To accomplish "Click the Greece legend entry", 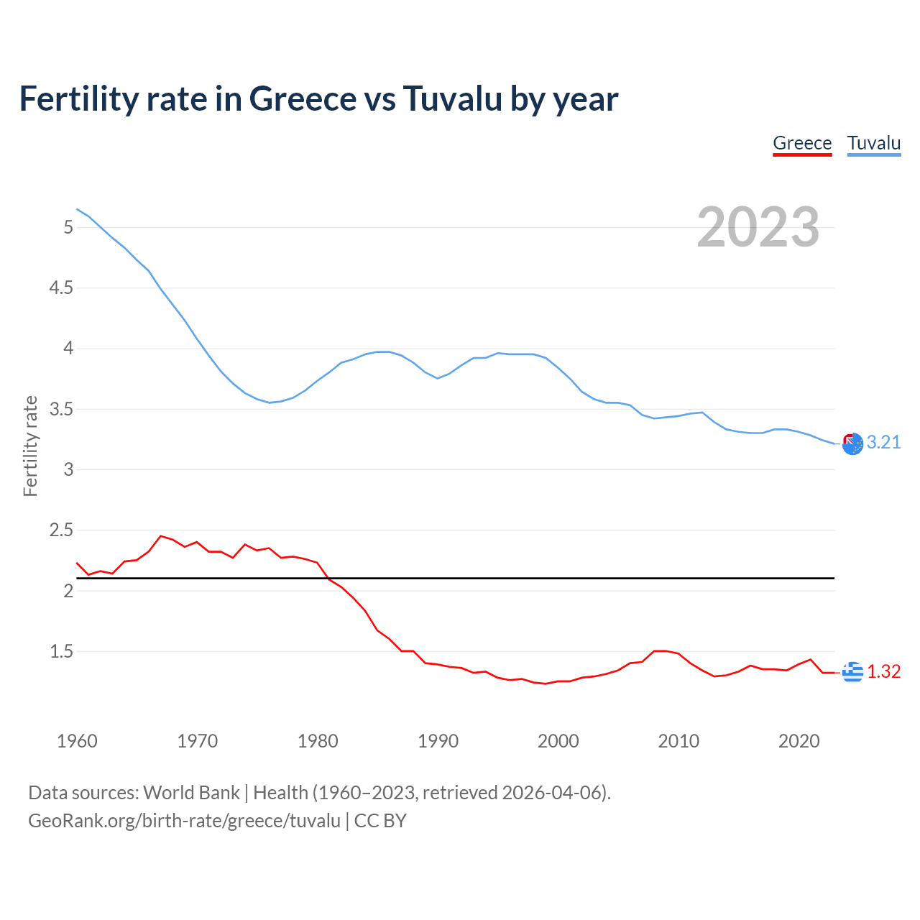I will [x=802, y=143].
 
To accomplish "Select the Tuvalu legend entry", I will [x=874, y=143].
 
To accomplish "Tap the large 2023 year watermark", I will [x=758, y=227].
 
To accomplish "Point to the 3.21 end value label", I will [x=883, y=443].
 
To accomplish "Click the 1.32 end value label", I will [x=883, y=671].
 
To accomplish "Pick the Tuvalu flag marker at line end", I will [x=852, y=444].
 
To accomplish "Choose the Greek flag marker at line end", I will [x=852, y=672].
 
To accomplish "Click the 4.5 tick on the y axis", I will [x=61, y=288].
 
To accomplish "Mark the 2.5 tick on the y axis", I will [x=61, y=530].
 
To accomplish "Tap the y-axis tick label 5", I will [x=68, y=228].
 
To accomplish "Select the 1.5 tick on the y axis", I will [x=61, y=652].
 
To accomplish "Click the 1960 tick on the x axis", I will [x=77, y=741].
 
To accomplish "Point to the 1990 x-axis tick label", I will [x=438, y=741].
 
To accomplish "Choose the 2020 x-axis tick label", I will [x=799, y=741].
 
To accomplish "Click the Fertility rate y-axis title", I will [x=30, y=446].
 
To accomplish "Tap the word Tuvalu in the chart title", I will [x=452, y=98].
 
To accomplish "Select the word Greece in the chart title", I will [x=303, y=98].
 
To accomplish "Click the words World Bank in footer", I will [x=191, y=793].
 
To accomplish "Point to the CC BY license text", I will [x=380, y=821].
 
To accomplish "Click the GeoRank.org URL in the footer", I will [x=184, y=821].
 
